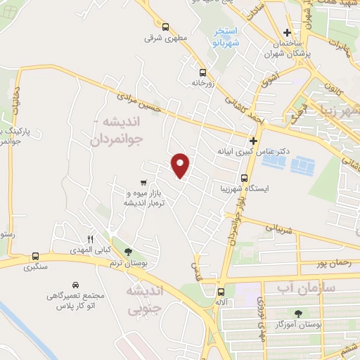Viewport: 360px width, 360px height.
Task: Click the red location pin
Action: (x=181, y=165)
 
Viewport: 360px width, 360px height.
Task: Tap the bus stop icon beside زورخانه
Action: (x=202, y=72)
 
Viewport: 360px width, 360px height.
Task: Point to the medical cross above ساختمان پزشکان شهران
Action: (x=286, y=32)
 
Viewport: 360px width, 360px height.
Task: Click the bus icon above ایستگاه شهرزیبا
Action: (x=244, y=178)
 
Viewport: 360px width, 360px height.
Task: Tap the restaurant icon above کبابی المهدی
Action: (x=90, y=239)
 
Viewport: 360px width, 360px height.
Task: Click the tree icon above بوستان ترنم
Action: (x=127, y=251)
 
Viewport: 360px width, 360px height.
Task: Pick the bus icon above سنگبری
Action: (x=35, y=256)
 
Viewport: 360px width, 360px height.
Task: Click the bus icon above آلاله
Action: (x=221, y=292)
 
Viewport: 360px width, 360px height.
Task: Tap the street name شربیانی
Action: (x=276, y=228)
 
